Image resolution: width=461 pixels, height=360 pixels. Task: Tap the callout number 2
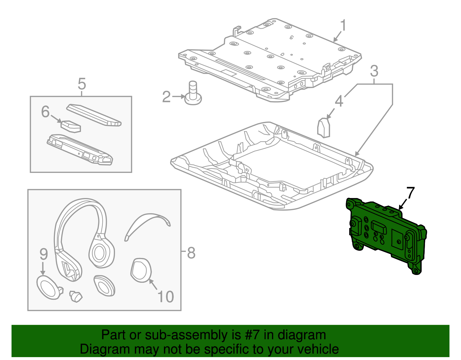click(x=166, y=97)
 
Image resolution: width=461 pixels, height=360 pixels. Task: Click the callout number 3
click(x=374, y=71)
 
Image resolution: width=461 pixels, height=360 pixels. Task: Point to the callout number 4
click(x=339, y=101)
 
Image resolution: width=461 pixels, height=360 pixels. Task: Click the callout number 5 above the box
click(x=82, y=84)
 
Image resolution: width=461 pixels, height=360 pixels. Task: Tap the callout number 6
click(x=45, y=112)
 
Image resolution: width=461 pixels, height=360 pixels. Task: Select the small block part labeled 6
click(x=71, y=126)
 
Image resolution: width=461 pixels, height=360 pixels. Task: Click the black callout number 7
click(x=410, y=193)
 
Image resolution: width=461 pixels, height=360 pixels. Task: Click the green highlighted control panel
click(x=386, y=235)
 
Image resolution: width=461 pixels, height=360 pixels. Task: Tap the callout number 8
click(x=191, y=253)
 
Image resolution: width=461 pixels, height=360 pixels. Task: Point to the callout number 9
click(x=43, y=254)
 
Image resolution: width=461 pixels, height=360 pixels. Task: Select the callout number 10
click(x=166, y=297)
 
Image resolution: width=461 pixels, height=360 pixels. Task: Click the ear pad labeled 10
click(x=141, y=270)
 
